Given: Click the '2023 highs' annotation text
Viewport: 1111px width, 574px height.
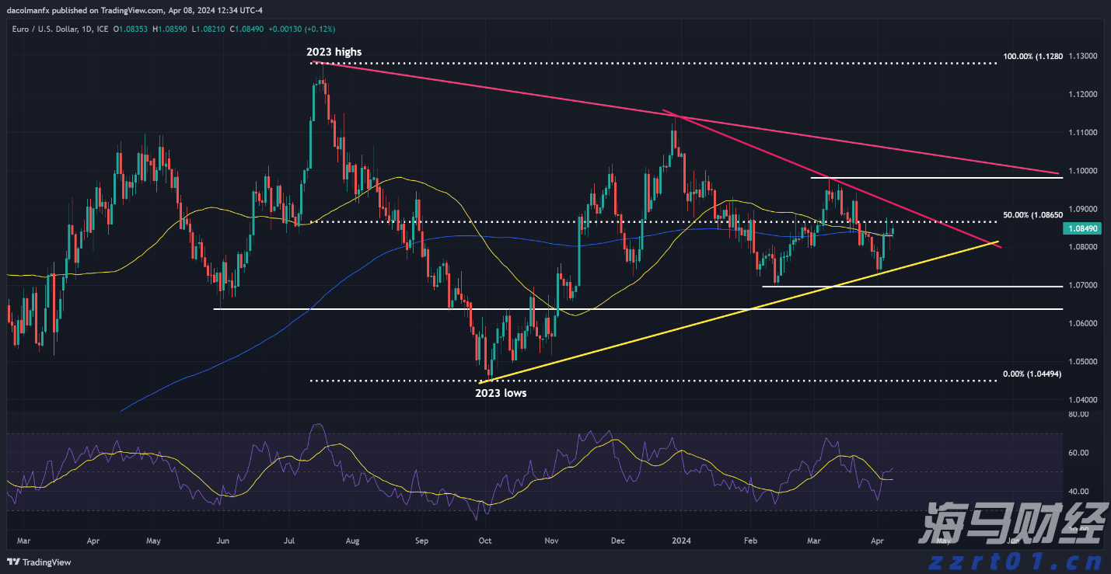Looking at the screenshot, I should (334, 52).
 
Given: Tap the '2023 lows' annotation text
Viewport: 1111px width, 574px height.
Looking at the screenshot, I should (500, 393).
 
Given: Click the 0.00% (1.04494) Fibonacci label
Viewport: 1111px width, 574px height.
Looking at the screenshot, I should (1032, 374).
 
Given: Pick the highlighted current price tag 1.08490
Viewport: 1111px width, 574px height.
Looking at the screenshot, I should (1086, 229).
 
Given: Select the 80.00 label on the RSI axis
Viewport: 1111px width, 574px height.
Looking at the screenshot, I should (1078, 415).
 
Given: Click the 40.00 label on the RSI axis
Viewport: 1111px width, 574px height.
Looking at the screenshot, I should (1078, 491).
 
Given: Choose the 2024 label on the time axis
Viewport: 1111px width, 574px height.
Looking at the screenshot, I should (682, 539).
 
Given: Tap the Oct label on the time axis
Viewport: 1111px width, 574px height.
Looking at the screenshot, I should (484, 539).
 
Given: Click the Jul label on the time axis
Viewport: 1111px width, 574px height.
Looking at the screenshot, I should (290, 539).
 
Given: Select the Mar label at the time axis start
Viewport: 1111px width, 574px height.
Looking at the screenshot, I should (23, 539).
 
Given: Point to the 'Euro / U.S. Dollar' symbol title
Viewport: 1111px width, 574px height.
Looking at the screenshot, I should (51, 29).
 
